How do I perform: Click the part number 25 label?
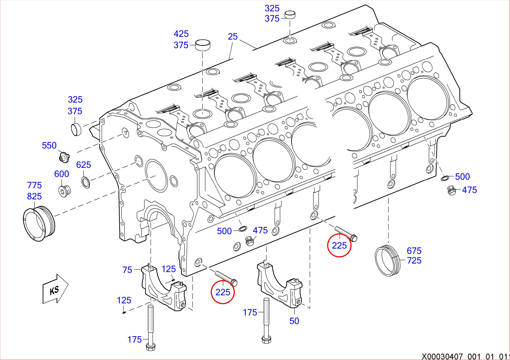click(x=233, y=36)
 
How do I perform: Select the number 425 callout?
click(x=181, y=34)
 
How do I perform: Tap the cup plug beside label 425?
click(x=202, y=45)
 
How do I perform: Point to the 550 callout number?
click(x=49, y=145)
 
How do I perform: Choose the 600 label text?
click(x=61, y=174)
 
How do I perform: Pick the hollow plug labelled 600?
click(x=65, y=191)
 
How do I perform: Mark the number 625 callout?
click(x=83, y=165)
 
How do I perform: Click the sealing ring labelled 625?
click(x=86, y=182)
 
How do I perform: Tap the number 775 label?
click(x=34, y=185)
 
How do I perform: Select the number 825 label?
click(x=34, y=196)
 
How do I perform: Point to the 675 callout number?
click(x=414, y=251)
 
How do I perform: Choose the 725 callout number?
click(x=414, y=260)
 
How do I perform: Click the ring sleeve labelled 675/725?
click(x=387, y=260)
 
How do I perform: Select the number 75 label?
click(x=127, y=270)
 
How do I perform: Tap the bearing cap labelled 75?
click(x=163, y=288)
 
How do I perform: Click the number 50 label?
click(x=294, y=321)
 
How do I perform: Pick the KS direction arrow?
click(x=55, y=289)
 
